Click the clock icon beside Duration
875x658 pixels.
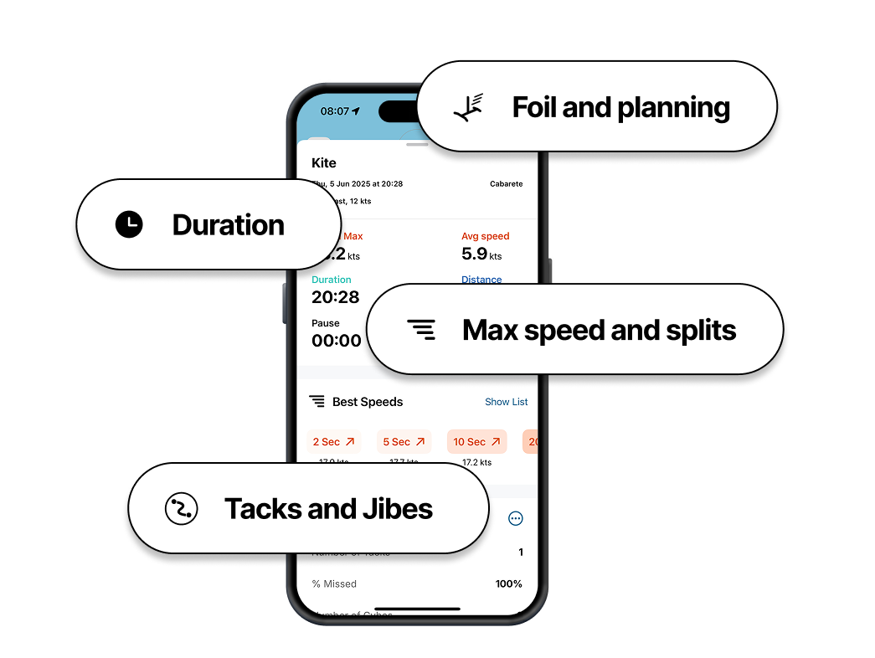[x=129, y=224]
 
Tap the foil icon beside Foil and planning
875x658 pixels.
[x=469, y=107]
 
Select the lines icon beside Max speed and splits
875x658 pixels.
[x=421, y=330]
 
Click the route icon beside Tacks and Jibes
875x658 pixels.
[x=181, y=509]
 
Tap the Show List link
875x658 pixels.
[x=506, y=402]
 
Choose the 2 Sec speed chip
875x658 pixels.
[x=333, y=442]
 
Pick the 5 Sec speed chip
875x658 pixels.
[x=404, y=442]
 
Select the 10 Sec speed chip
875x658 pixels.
[x=476, y=442]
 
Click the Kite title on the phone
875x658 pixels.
[x=324, y=163]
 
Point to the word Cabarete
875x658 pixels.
[x=506, y=184]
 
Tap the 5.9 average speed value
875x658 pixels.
[x=474, y=254]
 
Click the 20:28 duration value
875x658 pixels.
[x=335, y=297]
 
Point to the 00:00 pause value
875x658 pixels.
[x=336, y=341]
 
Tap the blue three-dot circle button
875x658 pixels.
[x=516, y=519]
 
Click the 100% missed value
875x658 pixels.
[x=508, y=583]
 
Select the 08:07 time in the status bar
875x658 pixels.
[x=335, y=111]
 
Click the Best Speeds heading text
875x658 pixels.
[x=368, y=402]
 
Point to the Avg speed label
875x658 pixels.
[x=485, y=236]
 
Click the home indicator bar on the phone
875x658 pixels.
[x=417, y=609]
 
